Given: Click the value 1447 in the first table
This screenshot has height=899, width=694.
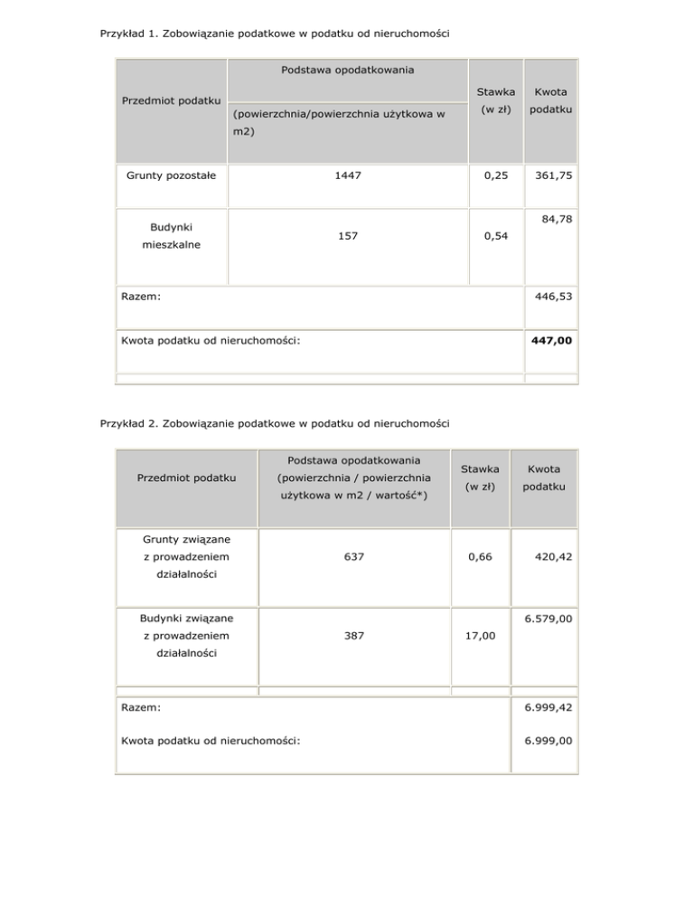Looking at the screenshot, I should pyautogui.click(x=347, y=175).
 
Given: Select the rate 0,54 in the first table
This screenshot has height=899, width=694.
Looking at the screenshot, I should pyautogui.click(x=495, y=236).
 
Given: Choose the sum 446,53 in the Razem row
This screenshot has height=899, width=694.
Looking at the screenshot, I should pyautogui.click(x=552, y=295).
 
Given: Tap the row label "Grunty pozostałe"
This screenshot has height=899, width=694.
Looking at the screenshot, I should pyautogui.click(x=171, y=175).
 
